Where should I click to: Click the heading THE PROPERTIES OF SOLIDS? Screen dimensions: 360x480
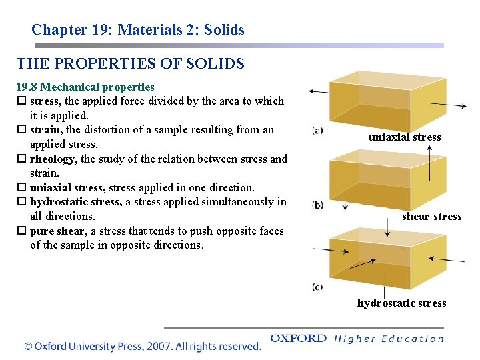pos(131,64)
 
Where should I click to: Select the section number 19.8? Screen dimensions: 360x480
pos(27,87)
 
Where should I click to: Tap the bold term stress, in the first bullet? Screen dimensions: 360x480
pos(45,101)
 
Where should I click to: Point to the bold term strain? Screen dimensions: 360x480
pos(46,130)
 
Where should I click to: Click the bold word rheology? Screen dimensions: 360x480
pos(53,159)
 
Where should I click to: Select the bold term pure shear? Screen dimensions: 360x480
pos(59,231)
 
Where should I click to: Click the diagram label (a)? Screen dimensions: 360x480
pos(317,131)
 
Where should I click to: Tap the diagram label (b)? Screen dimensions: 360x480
pos(317,205)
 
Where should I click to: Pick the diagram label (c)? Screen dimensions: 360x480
pos(317,287)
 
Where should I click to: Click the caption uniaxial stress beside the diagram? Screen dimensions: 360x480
pos(405,137)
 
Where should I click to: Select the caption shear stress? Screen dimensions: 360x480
pos(431,217)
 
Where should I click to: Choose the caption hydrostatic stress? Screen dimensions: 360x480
pos(402,303)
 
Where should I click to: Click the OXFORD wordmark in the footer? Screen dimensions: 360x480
pos(298,339)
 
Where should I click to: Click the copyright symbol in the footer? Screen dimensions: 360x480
pos(28,347)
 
